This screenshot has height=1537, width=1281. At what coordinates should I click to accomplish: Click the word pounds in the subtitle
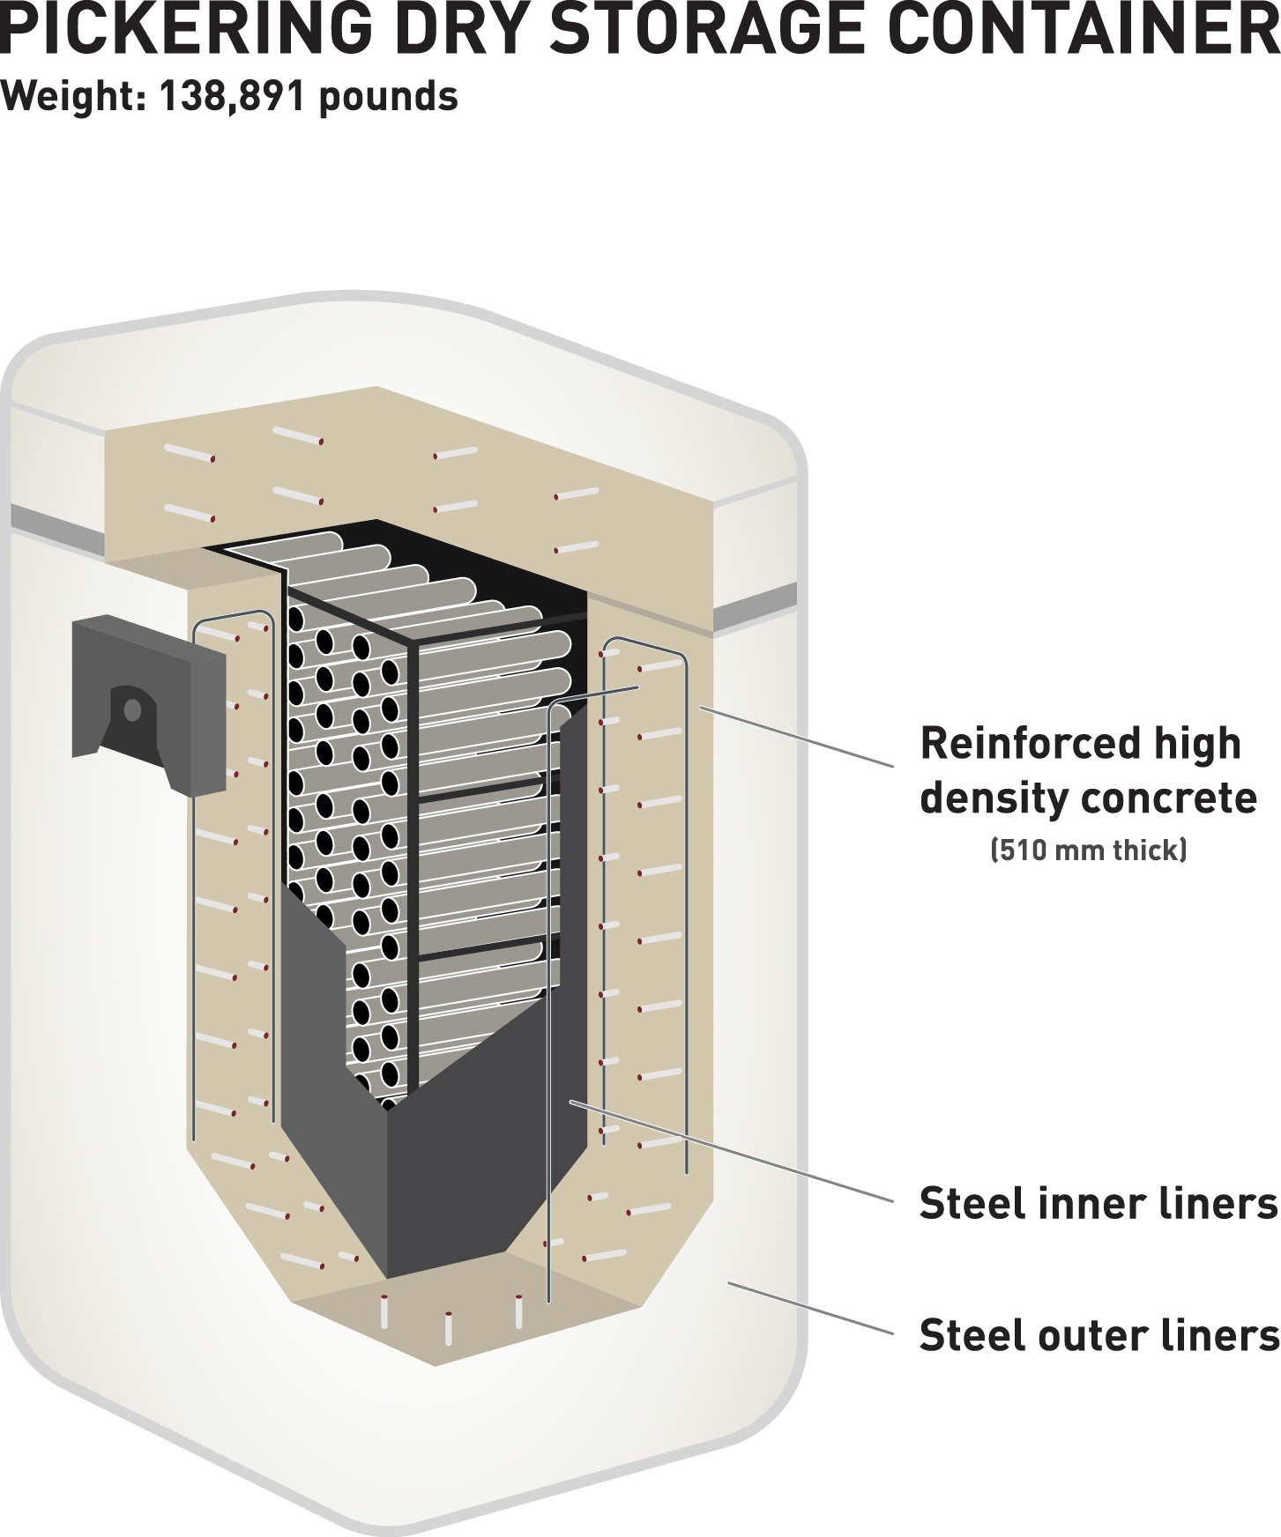pyautogui.click(x=388, y=96)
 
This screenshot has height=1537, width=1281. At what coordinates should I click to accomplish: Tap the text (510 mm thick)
pyautogui.click(x=1089, y=850)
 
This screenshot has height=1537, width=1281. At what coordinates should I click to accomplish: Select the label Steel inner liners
pyautogui.click(x=1098, y=1203)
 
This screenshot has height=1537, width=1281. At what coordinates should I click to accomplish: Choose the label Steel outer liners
pyautogui.click(x=1098, y=1335)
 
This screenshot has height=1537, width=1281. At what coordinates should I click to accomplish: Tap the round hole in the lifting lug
pyautogui.click(x=132, y=709)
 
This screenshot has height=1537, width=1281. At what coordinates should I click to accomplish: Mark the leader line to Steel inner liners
pyautogui.click(x=732, y=1151)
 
